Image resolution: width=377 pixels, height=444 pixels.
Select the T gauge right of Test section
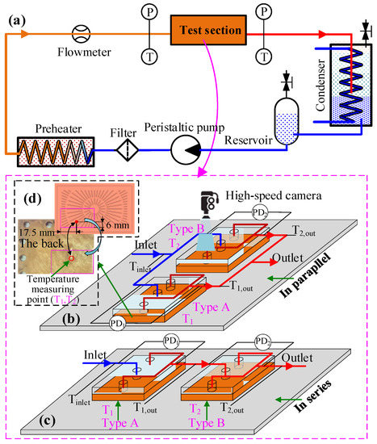tap(263, 56)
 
